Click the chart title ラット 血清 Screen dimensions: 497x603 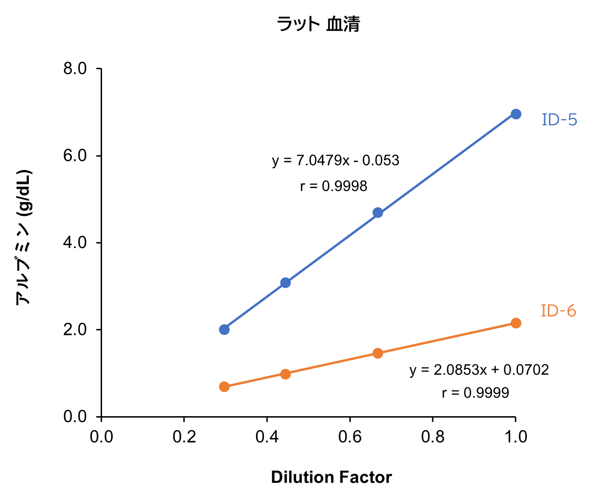click(x=318, y=24)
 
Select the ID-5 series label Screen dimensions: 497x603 click(x=559, y=120)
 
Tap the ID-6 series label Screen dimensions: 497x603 click(x=558, y=311)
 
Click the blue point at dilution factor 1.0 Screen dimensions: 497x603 click(x=516, y=114)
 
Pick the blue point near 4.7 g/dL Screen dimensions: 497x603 click(x=378, y=213)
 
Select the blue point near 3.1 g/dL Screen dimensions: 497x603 click(x=286, y=283)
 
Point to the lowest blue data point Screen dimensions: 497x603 click(x=225, y=330)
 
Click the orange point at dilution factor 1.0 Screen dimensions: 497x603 click(x=516, y=323)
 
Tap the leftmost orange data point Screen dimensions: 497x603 click(x=225, y=386)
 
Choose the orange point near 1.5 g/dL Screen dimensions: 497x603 click(x=378, y=353)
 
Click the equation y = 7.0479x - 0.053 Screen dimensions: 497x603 click(x=335, y=161)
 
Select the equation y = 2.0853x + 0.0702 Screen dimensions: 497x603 click(x=479, y=370)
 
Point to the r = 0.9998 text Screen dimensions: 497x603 click(x=334, y=186)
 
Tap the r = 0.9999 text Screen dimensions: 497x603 click(x=475, y=393)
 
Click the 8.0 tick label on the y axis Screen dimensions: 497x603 click(x=75, y=69)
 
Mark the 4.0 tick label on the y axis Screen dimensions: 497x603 click(x=75, y=242)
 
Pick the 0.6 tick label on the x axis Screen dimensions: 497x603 click(x=350, y=437)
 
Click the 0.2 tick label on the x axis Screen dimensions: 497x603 click(x=184, y=437)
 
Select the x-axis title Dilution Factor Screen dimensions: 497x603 click(x=331, y=477)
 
